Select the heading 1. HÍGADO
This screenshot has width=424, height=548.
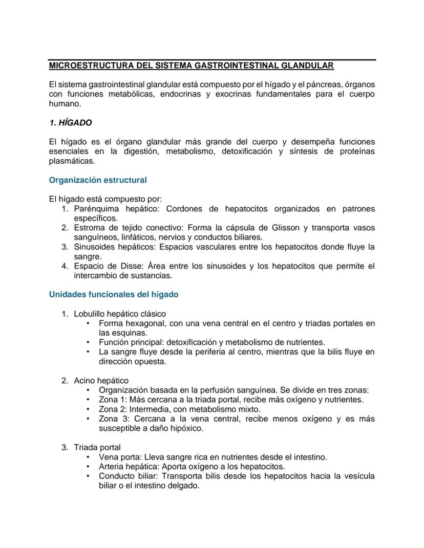(x=70, y=123)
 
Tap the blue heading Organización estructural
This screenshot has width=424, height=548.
(x=98, y=180)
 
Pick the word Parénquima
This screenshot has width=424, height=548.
(x=95, y=209)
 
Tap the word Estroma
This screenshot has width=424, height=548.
(x=90, y=228)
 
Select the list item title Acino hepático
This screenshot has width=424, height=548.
(x=101, y=381)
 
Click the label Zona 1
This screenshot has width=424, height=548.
(x=112, y=400)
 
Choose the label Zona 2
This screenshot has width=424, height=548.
(x=112, y=409)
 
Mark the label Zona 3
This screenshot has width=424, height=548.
(x=112, y=419)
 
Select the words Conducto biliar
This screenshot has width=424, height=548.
(x=128, y=476)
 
